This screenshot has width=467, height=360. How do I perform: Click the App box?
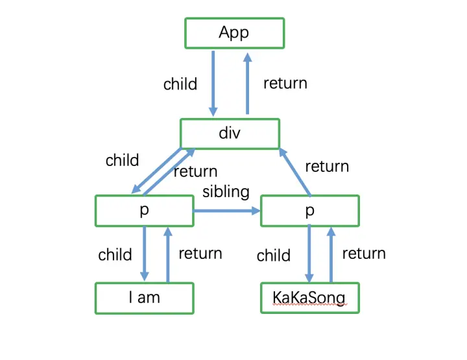click(x=235, y=33)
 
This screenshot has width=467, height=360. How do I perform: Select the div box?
click(x=230, y=134)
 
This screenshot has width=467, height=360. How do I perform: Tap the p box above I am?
click(x=145, y=211)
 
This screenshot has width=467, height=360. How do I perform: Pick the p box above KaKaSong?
click(x=310, y=211)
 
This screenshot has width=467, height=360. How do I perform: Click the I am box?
click(x=145, y=298)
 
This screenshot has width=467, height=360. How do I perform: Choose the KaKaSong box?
click(x=310, y=298)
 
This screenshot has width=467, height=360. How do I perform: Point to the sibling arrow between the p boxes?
click(x=227, y=211)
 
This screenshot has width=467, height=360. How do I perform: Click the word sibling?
click(x=226, y=192)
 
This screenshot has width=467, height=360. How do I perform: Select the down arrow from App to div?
click(x=213, y=84)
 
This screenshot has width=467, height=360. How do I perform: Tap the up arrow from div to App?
click(x=248, y=84)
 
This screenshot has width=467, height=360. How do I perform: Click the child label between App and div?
click(x=180, y=84)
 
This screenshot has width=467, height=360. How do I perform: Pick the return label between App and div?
click(x=285, y=84)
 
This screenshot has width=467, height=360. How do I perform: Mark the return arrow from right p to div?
click(x=295, y=172)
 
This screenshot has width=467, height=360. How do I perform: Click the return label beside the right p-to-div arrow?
click(x=327, y=167)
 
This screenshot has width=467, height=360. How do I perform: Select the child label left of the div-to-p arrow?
click(x=122, y=160)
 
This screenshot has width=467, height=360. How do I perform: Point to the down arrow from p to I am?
click(x=145, y=254)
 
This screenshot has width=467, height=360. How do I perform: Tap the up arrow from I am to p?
click(x=168, y=254)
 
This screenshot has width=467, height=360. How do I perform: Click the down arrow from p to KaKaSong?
click(x=309, y=253)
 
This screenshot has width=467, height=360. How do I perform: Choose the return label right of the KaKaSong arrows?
click(x=364, y=254)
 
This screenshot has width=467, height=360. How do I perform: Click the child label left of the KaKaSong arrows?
click(x=274, y=256)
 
